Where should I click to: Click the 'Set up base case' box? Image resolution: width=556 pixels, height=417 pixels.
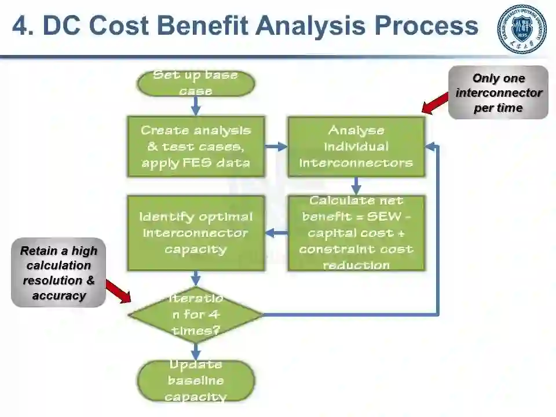click(196, 83)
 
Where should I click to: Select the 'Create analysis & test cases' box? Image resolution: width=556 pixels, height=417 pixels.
click(196, 147)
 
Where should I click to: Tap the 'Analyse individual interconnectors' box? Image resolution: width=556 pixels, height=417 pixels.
click(356, 147)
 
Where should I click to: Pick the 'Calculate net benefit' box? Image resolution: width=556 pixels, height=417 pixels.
click(356, 233)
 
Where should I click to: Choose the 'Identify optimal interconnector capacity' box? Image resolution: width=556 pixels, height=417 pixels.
click(196, 233)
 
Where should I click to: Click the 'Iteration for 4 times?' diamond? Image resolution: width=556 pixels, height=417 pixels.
click(196, 314)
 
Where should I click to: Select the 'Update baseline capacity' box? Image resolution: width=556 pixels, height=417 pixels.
click(196, 381)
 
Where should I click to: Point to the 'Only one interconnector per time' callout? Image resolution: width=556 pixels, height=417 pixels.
click(498, 93)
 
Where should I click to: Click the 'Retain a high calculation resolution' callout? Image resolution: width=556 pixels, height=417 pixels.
click(58, 273)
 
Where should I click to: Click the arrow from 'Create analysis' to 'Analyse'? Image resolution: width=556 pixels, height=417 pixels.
click(276, 147)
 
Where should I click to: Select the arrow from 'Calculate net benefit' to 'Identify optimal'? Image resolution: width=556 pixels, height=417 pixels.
click(276, 233)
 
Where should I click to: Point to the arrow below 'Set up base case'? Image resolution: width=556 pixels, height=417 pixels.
click(196, 105)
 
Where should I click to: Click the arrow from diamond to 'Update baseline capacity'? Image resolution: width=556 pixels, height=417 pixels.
click(196, 351)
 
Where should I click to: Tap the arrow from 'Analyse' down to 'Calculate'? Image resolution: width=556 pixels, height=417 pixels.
click(356, 185)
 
